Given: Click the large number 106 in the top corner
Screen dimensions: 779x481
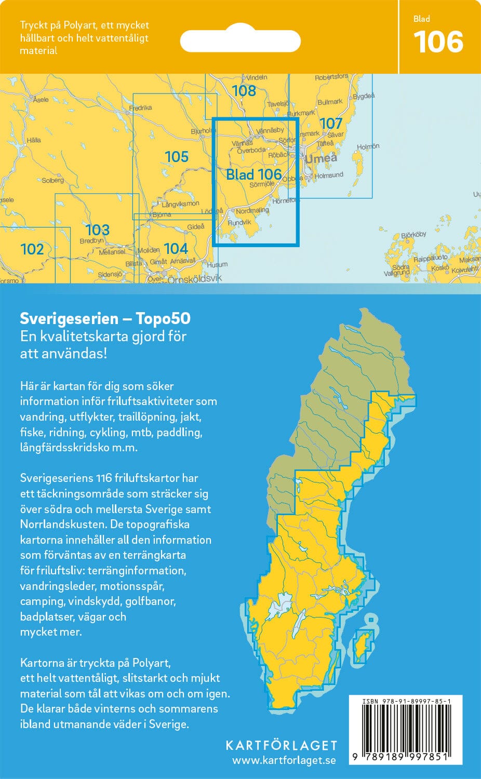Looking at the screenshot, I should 438,42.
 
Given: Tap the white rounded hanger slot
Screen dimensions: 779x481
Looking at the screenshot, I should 240,41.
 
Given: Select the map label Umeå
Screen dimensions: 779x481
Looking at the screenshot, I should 321,158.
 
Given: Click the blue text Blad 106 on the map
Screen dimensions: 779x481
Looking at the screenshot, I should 254,174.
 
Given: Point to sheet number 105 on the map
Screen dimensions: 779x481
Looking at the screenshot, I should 176,156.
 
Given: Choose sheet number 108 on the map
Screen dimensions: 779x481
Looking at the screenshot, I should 244,91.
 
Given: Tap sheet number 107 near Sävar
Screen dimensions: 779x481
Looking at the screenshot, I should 331,123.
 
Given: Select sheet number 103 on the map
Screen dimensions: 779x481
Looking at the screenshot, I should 97,230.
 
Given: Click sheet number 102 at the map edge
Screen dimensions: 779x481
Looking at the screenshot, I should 32,249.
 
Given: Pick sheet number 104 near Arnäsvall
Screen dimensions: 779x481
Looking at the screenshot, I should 176,249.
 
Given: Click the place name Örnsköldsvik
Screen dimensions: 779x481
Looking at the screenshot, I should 194,279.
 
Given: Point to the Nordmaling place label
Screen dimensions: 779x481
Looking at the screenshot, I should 252,211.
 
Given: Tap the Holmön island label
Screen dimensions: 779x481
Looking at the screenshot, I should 368,147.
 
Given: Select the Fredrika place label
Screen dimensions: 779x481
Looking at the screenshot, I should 140,108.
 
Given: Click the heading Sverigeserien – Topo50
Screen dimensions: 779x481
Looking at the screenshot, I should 105,318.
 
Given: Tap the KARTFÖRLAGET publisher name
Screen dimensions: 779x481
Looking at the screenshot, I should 281,746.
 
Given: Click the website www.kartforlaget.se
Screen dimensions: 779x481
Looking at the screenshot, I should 284,760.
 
